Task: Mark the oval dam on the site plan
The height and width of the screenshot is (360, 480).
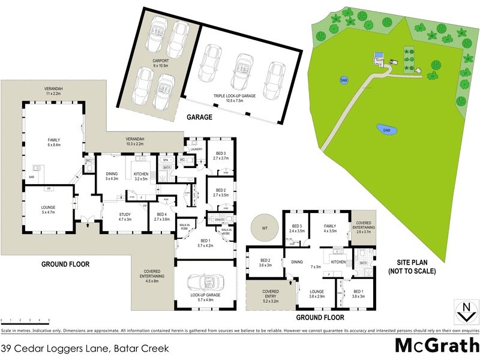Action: pyautogui.click(x=386, y=129)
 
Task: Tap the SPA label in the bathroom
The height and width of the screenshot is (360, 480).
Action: pyautogui.click(x=165, y=160)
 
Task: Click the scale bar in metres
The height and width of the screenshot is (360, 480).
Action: pyautogui.click(x=25, y=321)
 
